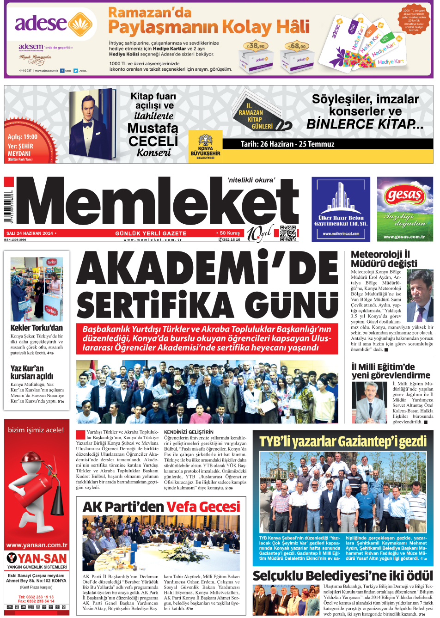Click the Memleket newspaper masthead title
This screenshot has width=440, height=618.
157,203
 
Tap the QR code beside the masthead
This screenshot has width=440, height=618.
287,233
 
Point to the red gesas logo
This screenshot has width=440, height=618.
404,195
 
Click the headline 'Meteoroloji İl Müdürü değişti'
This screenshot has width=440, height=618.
384,259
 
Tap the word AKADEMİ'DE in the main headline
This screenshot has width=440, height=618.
207,269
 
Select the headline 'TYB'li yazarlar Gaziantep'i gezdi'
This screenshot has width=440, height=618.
342,441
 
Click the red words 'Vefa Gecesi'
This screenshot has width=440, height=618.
203,507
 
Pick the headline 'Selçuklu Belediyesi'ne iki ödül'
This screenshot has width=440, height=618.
342,575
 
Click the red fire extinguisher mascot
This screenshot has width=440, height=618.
37,490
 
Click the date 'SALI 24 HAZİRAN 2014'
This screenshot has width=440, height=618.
29,233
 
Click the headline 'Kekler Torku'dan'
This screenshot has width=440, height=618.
37,328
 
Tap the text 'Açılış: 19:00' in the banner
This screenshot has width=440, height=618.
23,137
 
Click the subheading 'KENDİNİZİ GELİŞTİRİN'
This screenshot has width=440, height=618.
189,432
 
